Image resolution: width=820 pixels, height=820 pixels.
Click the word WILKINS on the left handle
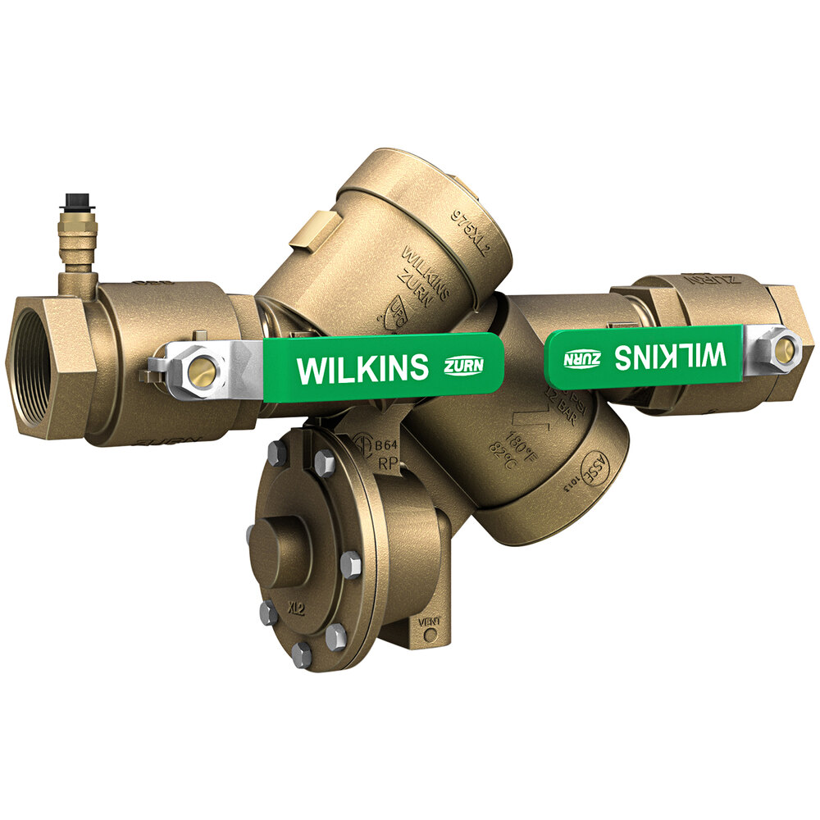tap(362, 368)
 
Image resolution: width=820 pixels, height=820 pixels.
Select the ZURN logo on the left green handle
tap(462, 366)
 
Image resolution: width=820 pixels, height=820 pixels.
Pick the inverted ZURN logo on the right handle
tap(581, 358)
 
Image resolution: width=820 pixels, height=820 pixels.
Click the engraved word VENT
tap(430, 622)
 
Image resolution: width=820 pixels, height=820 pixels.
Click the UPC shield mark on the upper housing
tap(397, 316)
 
